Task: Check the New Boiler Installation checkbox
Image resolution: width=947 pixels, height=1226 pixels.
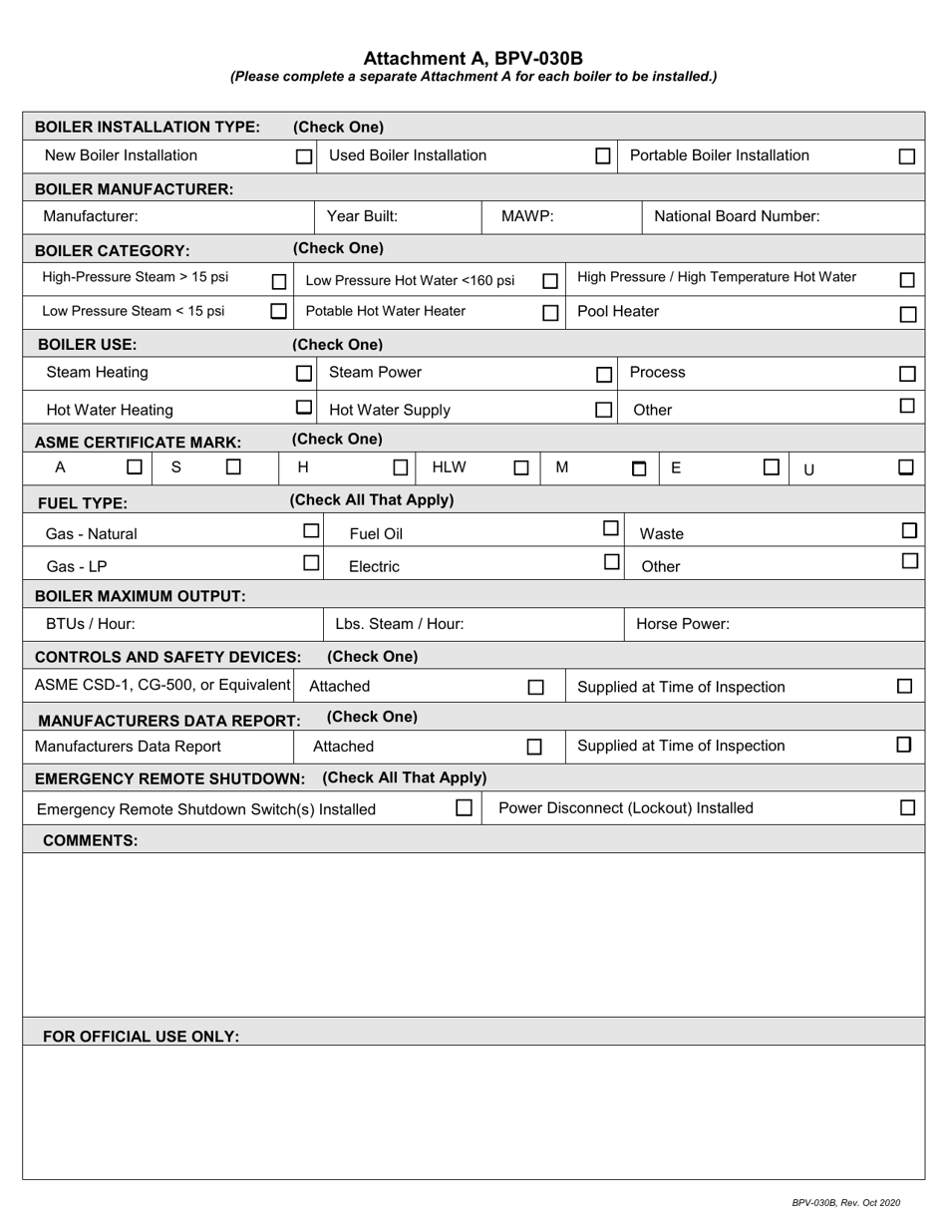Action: (x=304, y=156)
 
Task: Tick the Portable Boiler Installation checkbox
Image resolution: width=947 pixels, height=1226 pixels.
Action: (x=906, y=156)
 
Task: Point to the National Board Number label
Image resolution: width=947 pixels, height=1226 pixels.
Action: (x=737, y=216)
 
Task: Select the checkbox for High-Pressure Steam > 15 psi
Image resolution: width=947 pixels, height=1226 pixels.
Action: (x=279, y=282)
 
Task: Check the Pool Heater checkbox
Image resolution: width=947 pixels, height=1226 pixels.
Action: (x=907, y=315)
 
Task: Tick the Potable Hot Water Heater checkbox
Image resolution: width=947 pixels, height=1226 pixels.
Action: (x=549, y=313)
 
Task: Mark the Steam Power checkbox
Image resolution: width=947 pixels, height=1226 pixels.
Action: (x=603, y=375)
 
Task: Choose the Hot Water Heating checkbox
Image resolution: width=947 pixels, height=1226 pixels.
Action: (x=304, y=408)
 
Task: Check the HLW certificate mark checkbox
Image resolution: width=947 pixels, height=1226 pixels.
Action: (x=520, y=467)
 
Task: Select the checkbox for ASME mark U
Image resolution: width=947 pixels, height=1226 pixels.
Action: (x=905, y=466)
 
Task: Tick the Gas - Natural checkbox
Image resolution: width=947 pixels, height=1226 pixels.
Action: (x=311, y=531)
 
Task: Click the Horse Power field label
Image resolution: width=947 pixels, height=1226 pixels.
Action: (x=683, y=625)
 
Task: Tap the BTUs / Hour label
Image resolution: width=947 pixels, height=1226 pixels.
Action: (x=90, y=625)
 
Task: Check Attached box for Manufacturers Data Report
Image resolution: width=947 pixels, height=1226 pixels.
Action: (x=534, y=747)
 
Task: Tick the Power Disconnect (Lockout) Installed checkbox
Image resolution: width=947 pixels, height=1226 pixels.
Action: (x=907, y=807)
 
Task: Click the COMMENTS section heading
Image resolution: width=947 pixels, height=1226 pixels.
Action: (x=90, y=840)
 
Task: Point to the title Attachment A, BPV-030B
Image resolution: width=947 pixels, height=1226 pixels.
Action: (x=473, y=58)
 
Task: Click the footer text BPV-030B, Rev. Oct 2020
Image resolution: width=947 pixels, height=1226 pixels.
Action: (x=845, y=1203)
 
